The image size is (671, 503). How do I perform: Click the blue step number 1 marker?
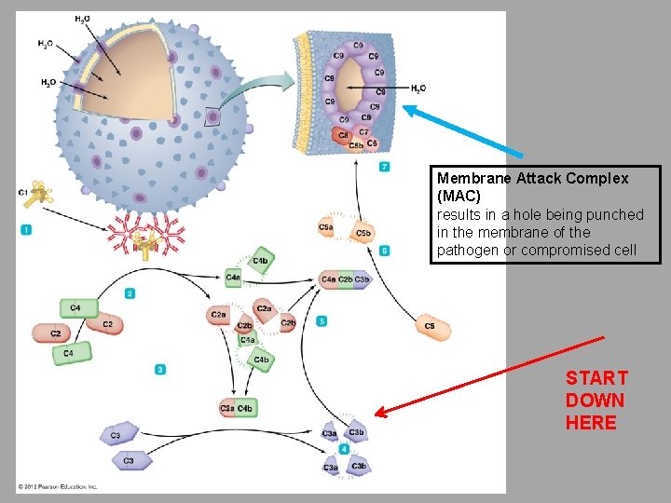click(x=26, y=229)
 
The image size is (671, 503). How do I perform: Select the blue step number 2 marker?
click(x=130, y=293)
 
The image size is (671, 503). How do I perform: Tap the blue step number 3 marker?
click(x=160, y=370)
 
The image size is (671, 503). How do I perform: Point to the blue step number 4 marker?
click(x=344, y=449)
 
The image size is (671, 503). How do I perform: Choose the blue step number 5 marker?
click(x=322, y=321)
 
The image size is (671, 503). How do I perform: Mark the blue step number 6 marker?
click(x=385, y=251)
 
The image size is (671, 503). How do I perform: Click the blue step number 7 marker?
click(x=385, y=167)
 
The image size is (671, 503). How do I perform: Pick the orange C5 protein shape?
click(x=432, y=327)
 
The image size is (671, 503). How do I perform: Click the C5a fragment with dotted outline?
click(x=326, y=227)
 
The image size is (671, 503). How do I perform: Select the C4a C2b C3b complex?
click(x=345, y=279)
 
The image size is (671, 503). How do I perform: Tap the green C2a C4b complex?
click(x=238, y=408)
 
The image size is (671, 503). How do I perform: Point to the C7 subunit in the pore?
click(x=364, y=132)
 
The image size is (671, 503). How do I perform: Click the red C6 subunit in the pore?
click(x=343, y=135)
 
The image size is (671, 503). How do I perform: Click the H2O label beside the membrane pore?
click(x=418, y=88)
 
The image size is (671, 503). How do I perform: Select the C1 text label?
click(x=22, y=192)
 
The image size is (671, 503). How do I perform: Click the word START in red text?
click(x=596, y=378)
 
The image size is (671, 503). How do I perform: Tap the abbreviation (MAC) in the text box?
click(x=459, y=197)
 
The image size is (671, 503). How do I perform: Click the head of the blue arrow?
click(x=406, y=108)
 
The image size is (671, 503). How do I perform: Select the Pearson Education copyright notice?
click(x=58, y=487)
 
